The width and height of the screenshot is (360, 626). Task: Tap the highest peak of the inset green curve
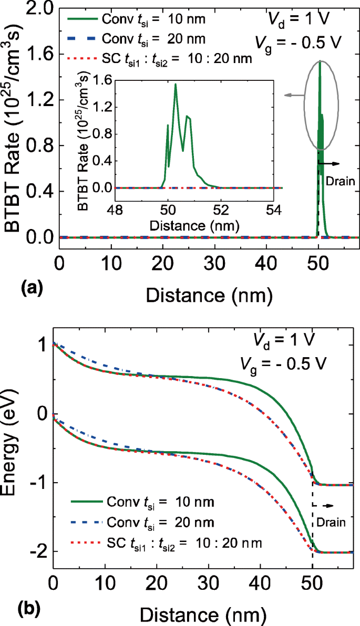(x=176, y=85)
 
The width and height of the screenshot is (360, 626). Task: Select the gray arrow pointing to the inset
(x=295, y=95)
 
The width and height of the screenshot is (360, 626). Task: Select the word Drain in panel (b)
(x=331, y=521)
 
